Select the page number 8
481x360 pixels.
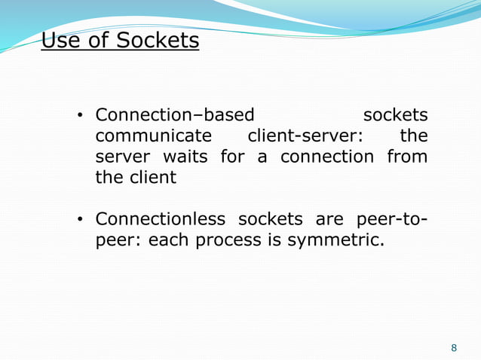tap(454, 347)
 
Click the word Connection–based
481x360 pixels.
tap(175, 115)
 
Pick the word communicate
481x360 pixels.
tap(154, 136)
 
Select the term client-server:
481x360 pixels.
tap(305, 136)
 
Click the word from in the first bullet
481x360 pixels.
tap(407, 157)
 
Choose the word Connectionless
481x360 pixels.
tap(161, 219)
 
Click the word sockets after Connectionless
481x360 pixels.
tap(271, 219)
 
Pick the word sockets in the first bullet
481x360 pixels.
tap(395, 115)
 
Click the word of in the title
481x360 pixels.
tap(98, 40)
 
